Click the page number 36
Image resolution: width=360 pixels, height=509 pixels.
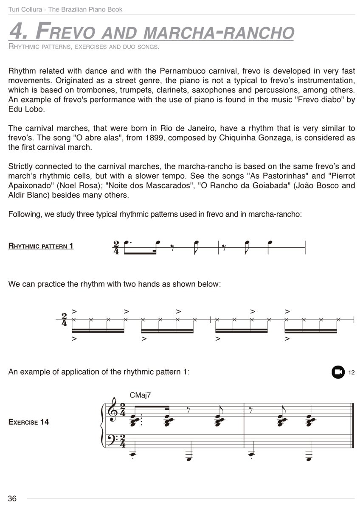[12, 498]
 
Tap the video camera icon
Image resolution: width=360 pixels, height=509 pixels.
[338, 372]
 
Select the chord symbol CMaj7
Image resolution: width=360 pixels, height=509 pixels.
[141, 395]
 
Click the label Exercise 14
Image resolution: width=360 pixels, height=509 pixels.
[28, 422]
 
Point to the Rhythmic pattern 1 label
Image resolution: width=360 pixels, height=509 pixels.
[41, 246]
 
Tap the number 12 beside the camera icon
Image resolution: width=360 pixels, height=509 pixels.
[351, 372]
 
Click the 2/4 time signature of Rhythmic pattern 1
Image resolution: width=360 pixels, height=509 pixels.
[116, 246]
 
